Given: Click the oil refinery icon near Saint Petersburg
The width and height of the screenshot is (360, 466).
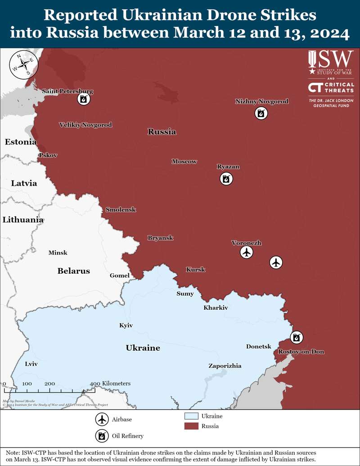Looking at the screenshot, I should click(83, 100).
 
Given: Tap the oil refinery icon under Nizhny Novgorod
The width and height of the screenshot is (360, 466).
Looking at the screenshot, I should click(261, 113).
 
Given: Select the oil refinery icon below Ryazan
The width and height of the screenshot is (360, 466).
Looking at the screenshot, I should click(226, 179).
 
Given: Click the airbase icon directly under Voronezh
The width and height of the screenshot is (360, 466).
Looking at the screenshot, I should click(246, 253).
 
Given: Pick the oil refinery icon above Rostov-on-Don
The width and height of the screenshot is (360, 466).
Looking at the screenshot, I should click(296, 337).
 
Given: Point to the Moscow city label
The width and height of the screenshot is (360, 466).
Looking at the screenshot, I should click(184, 161).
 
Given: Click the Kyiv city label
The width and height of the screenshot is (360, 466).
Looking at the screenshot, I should click(126, 325).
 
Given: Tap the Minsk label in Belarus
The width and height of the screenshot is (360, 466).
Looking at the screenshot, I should click(58, 253).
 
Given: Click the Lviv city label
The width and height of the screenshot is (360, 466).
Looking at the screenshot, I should click(31, 363).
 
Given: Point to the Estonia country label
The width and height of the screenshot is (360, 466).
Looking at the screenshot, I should click(20, 142).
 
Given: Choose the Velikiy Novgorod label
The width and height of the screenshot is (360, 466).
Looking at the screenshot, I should click(85, 125).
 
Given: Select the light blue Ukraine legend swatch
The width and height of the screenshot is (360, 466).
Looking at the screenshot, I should click(192, 416).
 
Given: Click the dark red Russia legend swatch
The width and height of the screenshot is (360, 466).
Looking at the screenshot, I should click(192, 426).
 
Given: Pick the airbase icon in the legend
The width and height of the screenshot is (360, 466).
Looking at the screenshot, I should click(102, 420).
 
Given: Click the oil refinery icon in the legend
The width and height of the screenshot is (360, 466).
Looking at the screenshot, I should click(102, 436).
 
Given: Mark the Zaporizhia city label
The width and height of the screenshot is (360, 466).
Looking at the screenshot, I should click(225, 366).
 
